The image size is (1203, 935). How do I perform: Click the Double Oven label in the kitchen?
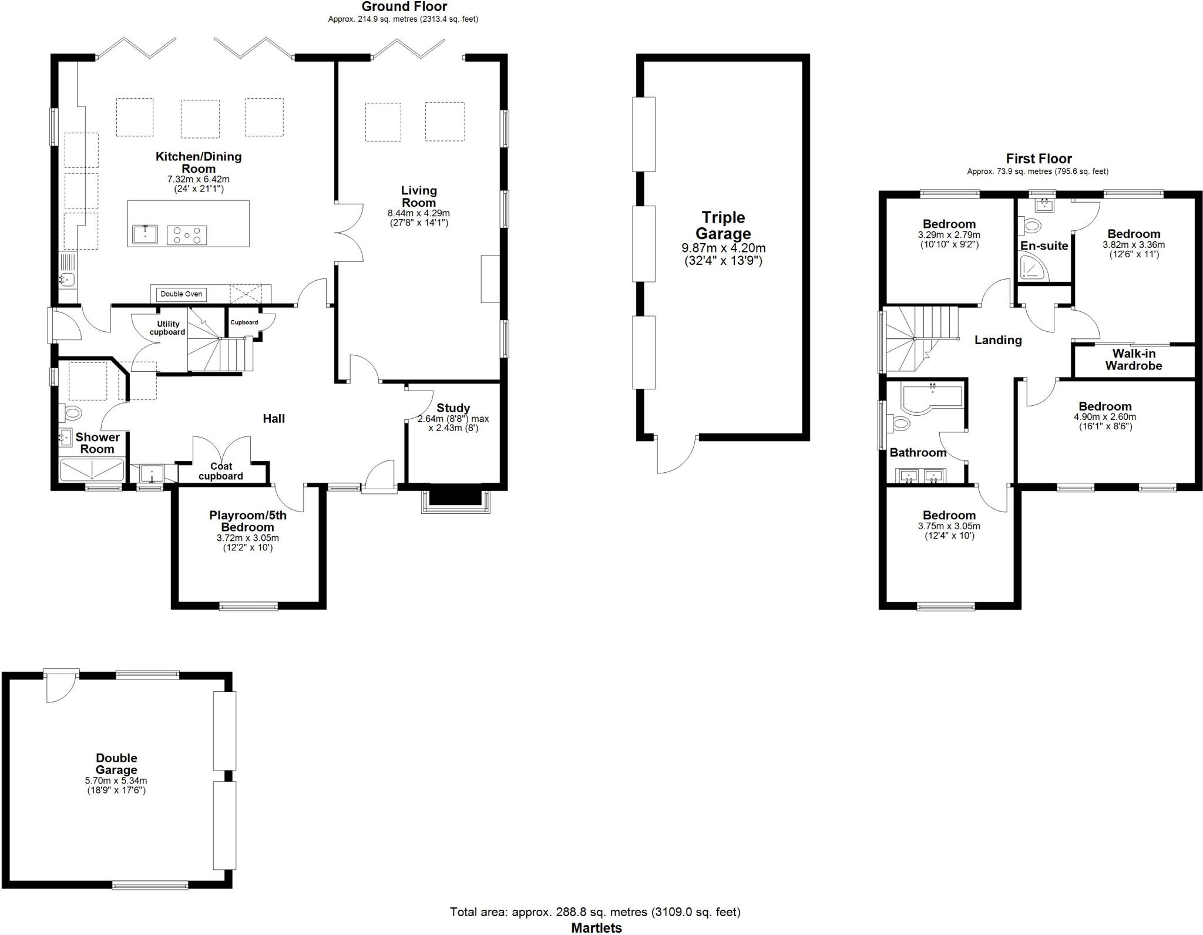tap(181, 294)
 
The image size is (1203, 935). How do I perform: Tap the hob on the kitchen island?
tap(187, 236)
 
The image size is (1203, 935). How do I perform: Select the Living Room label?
tap(419, 196)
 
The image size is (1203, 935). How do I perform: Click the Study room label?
tap(453, 408)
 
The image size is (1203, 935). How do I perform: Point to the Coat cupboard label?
tap(220, 471)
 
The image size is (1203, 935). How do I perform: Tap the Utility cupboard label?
tap(167, 328)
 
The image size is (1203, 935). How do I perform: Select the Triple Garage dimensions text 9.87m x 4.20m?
tap(723, 248)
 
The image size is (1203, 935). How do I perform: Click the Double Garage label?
tap(116, 764)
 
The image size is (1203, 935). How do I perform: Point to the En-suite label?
tap(1044, 246)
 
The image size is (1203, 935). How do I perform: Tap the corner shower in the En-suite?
tap(1033, 267)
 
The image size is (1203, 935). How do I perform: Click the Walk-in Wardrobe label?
tap(1133, 359)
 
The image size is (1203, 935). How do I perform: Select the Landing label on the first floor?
tap(997, 340)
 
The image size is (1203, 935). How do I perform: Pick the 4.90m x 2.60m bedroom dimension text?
tap(1105, 417)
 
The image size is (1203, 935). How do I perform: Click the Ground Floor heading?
tap(404, 7)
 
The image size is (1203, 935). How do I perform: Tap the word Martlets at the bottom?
tap(596, 928)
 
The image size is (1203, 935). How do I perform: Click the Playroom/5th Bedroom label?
tap(247, 521)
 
